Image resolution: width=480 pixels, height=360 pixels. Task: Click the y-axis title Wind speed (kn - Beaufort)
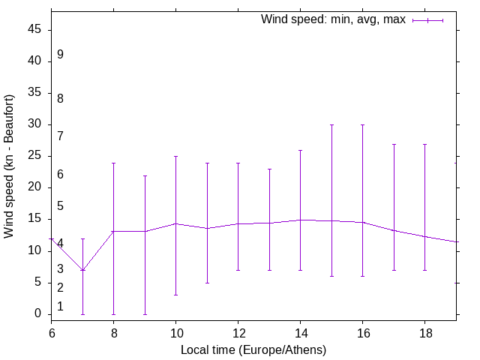click(9, 166)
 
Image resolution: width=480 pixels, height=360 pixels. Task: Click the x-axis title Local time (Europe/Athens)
click(253, 349)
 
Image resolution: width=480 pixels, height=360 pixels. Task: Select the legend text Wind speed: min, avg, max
click(333, 19)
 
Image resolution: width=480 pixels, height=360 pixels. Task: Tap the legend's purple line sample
click(427, 20)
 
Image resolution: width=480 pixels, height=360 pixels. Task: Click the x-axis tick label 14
click(300, 332)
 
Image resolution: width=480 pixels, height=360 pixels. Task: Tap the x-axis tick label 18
click(424, 332)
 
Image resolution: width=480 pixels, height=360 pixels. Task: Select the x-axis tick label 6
click(52, 332)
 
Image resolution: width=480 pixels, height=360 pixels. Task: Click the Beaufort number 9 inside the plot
click(60, 55)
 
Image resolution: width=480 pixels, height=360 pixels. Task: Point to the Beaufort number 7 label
click(60, 136)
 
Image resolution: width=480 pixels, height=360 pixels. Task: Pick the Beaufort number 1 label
click(60, 307)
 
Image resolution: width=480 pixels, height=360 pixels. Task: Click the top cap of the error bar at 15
click(331, 125)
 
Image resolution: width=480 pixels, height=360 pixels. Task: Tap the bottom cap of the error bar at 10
click(175, 295)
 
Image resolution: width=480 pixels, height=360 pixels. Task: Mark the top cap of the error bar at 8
click(113, 163)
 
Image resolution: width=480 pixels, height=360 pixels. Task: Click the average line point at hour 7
click(82, 270)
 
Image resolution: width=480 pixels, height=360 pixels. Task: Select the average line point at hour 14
click(300, 220)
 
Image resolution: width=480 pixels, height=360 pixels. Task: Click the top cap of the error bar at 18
click(424, 144)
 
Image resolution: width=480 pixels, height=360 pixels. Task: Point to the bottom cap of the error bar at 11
click(207, 283)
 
